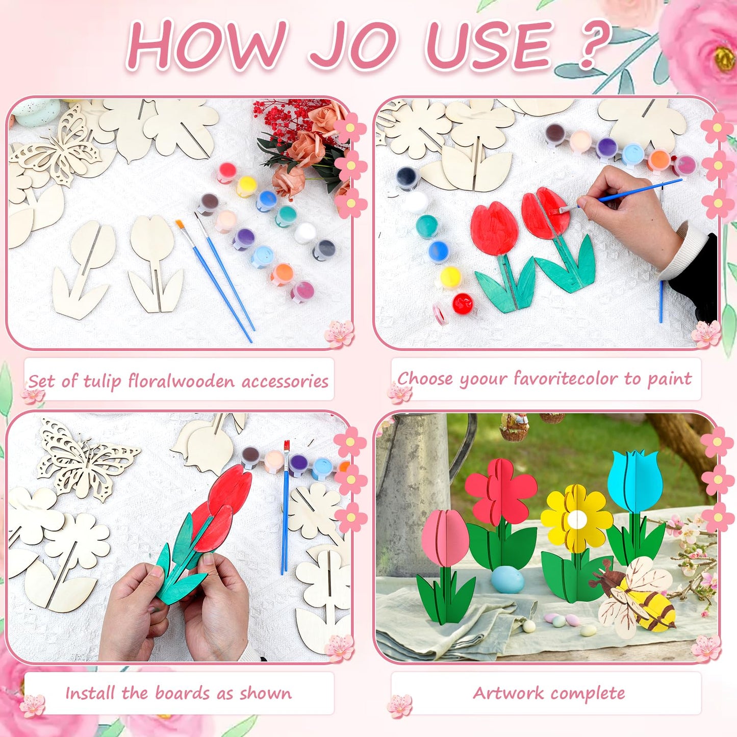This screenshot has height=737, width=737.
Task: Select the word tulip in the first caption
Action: [102, 382]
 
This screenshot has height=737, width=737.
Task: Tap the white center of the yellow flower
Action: [576, 519]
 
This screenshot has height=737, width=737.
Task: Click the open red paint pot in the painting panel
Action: [463, 303]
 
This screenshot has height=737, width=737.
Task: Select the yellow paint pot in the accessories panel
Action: [245, 186]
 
